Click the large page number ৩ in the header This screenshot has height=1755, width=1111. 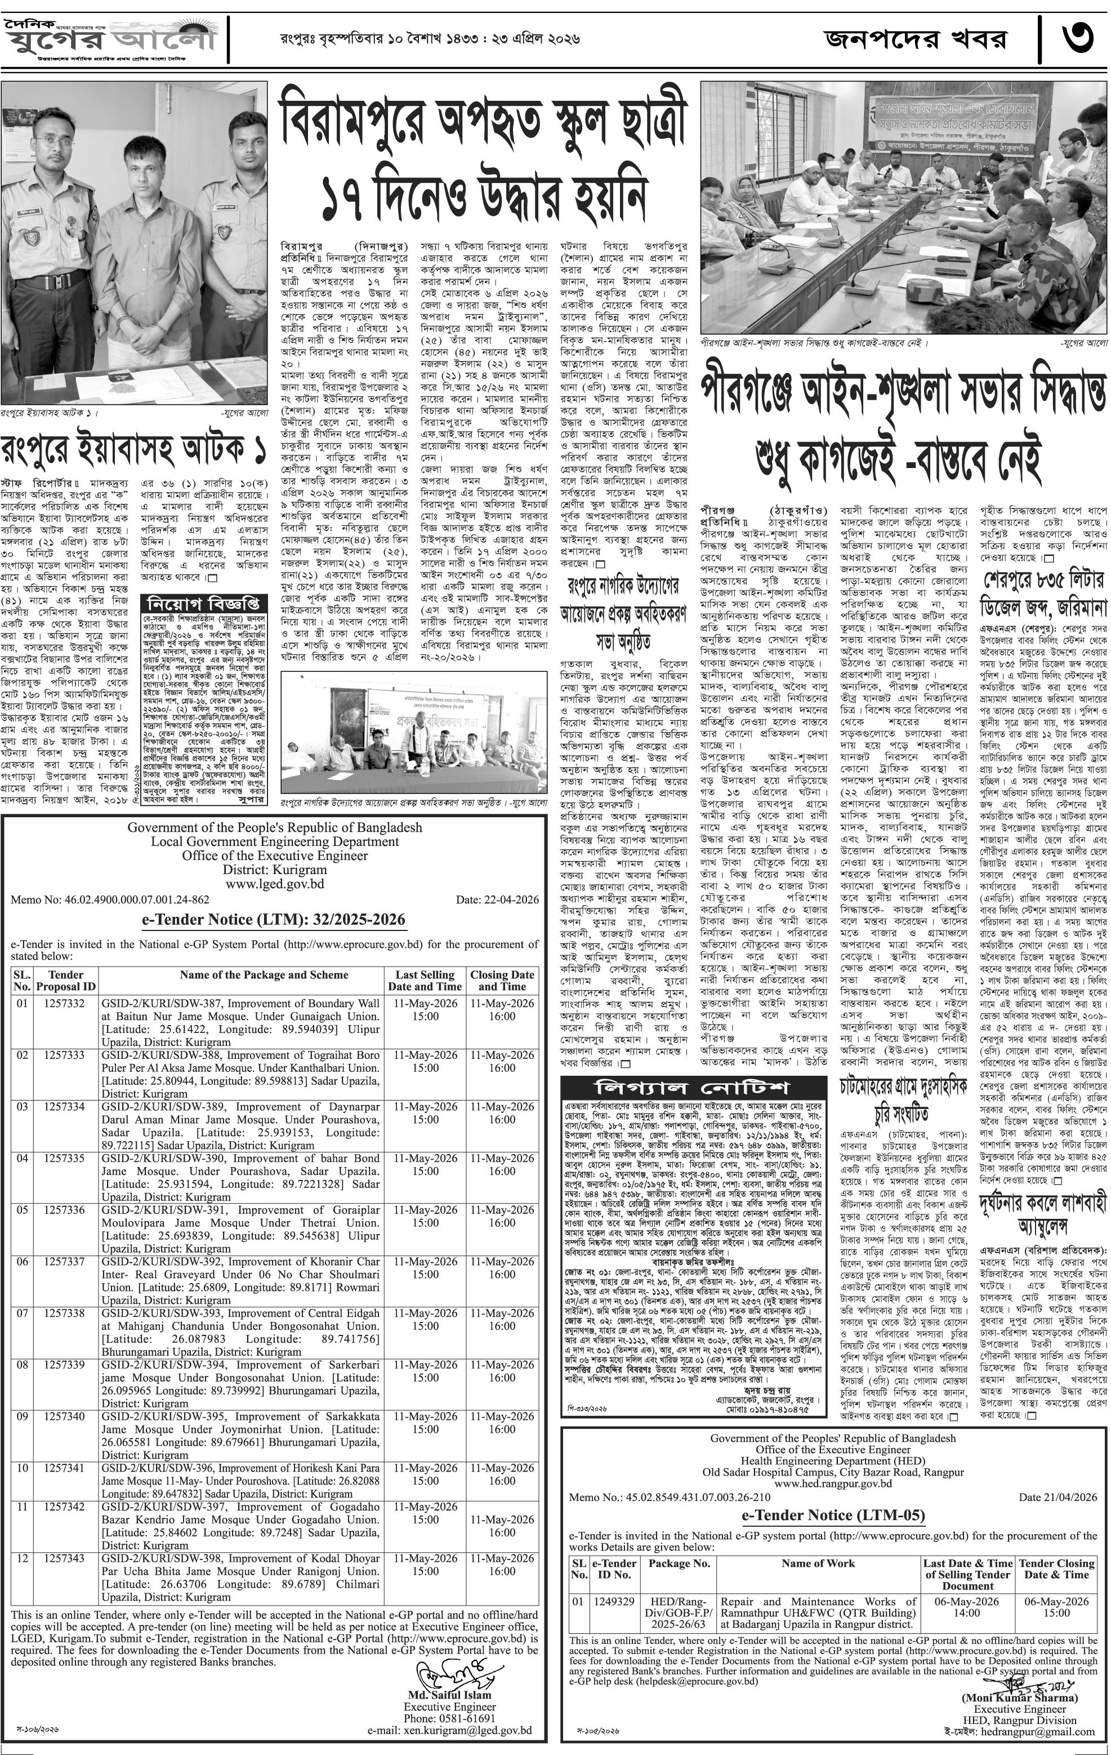pyautogui.click(x=1076, y=38)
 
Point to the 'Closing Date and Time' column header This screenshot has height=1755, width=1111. pyautogui.click(x=502, y=980)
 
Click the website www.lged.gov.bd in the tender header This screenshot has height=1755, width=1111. pyautogui.click(x=275, y=884)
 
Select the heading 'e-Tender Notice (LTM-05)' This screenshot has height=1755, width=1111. pyautogui.click(x=833, y=1515)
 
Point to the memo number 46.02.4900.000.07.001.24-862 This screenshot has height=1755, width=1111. pyautogui.click(x=110, y=899)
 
